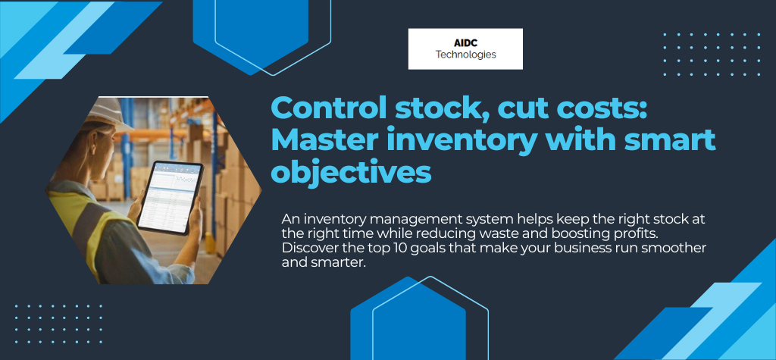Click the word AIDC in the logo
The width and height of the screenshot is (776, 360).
click(465, 42)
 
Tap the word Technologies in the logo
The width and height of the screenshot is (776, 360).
click(465, 55)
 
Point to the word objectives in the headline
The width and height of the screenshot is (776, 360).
click(351, 172)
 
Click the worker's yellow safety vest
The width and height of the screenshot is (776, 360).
click(83, 227)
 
